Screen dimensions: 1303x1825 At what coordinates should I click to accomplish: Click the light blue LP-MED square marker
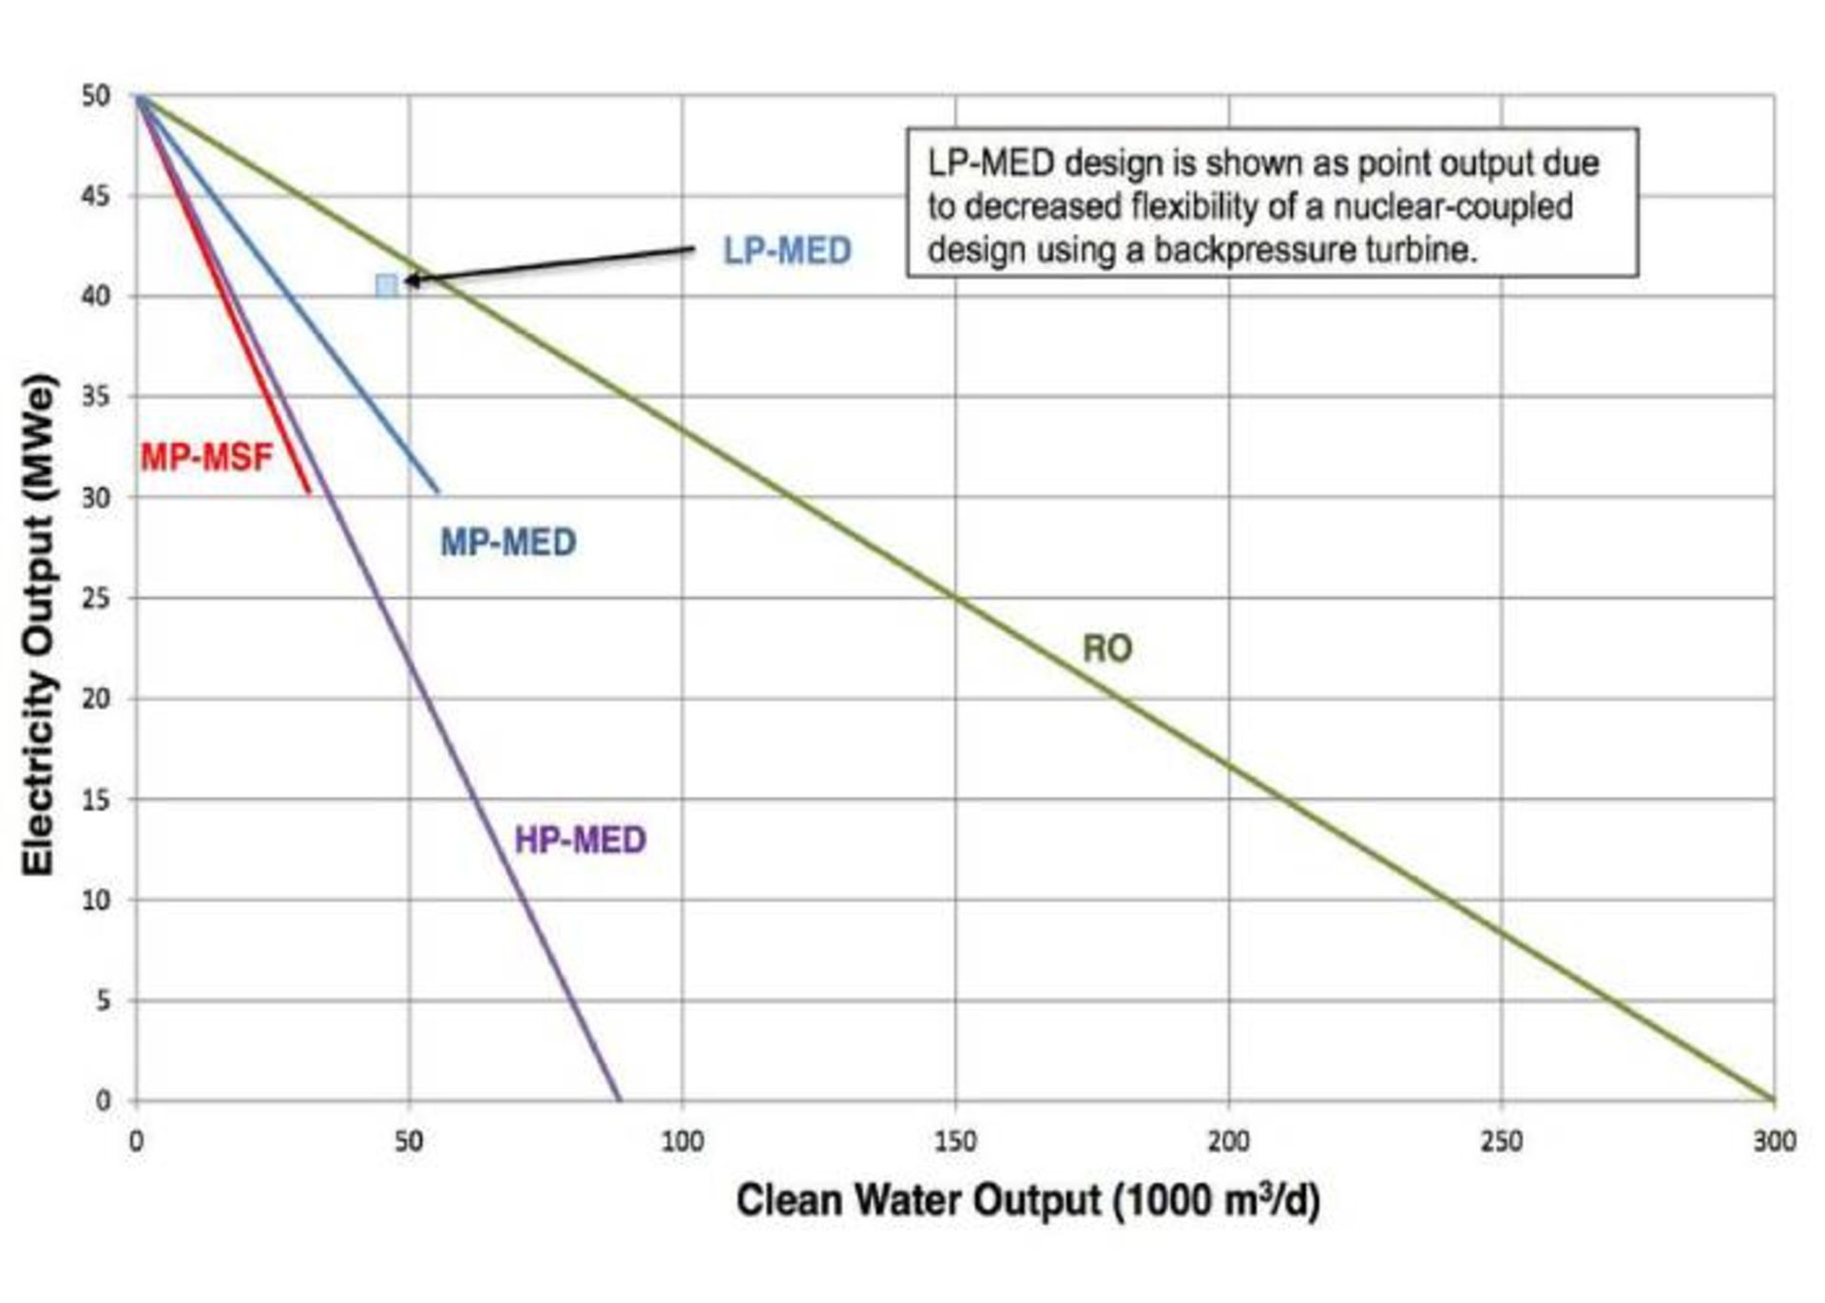point(386,285)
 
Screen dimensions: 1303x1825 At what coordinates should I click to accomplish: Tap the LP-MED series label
point(787,251)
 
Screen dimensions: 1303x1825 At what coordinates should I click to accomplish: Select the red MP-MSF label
point(206,457)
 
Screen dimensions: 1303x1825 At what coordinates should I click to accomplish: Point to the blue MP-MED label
point(508,543)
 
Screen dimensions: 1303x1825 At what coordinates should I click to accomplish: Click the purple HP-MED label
point(580,840)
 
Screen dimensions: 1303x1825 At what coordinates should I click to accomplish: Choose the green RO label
point(1107,649)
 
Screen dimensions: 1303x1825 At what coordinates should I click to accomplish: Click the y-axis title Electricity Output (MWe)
point(40,625)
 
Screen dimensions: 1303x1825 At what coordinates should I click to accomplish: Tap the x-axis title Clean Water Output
point(1028,1200)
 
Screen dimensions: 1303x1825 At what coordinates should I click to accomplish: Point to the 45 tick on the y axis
point(96,197)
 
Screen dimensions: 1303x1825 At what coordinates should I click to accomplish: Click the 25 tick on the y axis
point(96,599)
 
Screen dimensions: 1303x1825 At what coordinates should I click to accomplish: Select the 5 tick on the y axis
point(103,1001)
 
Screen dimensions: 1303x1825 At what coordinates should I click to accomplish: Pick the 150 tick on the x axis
point(955,1140)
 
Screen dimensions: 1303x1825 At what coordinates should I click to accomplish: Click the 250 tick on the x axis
point(1501,1140)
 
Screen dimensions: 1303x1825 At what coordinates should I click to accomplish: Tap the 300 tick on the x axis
point(1774,1140)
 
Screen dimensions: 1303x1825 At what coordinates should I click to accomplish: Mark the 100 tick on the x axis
point(682,1140)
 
